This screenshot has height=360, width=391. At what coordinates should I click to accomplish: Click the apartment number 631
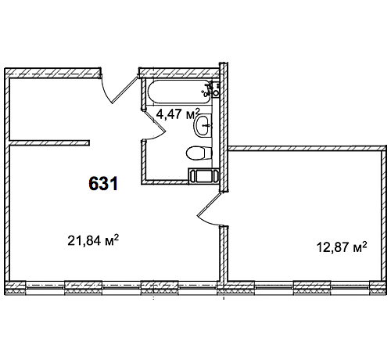click(x=103, y=183)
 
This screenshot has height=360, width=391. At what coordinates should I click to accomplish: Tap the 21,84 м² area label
click(x=93, y=240)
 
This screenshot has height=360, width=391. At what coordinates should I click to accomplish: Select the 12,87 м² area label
click(x=342, y=247)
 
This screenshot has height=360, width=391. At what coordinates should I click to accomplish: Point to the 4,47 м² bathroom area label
click(x=178, y=113)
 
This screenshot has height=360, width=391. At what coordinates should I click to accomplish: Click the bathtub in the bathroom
click(x=179, y=92)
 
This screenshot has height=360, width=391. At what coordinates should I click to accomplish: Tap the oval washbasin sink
click(x=203, y=125)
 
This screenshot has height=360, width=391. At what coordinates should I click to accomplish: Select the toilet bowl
click(x=199, y=153)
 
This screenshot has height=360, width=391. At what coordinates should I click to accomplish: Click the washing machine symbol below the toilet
click(x=203, y=176)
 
